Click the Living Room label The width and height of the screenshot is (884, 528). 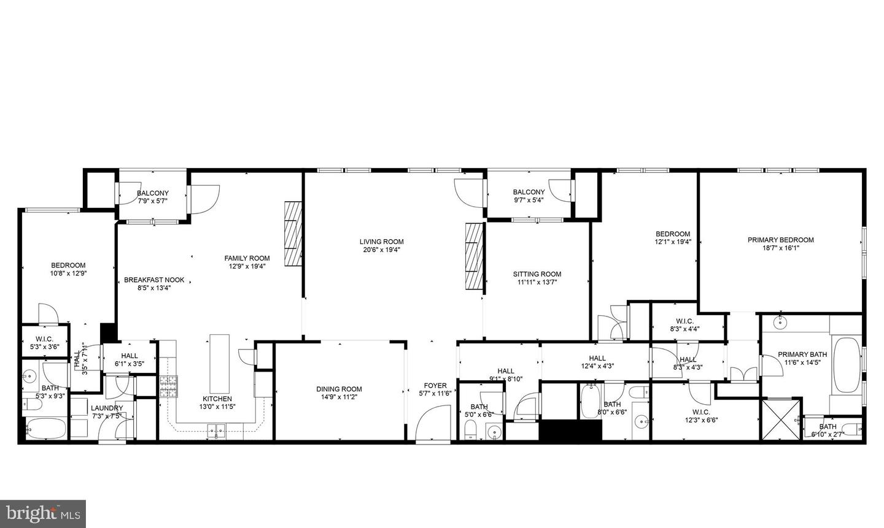pyautogui.click(x=381, y=242)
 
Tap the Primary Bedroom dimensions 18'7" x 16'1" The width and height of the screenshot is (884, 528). pyautogui.click(x=780, y=248)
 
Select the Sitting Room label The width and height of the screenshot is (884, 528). pyautogui.click(x=537, y=274)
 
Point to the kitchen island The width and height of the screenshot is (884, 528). pyautogui.click(x=219, y=364)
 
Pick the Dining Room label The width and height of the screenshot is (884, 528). pyautogui.click(x=339, y=389)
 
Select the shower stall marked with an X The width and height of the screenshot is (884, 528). pyautogui.click(x=781, y=419)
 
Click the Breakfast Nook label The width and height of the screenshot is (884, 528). pyautogui.click(x=154, y=280)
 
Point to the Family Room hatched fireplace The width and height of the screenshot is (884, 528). pyautogui.click(x=293, y=234)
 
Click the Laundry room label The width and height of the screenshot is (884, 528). pyautogui.click(x=107, y=408)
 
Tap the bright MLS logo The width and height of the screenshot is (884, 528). pyautogui.click(x=42, y=514)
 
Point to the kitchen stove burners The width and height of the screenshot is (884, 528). pyautogui.click(x=168, y=386)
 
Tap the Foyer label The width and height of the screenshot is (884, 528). pyautogui.click(x=435, y=385)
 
